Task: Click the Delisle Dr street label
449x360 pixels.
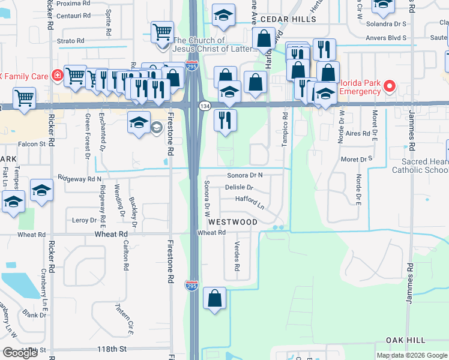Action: (239, 188)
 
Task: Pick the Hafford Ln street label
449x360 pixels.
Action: (250, 200)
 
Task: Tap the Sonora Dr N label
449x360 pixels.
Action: (245, 175)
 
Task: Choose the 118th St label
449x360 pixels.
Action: (115, 349)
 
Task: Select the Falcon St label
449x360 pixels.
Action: (32, 144)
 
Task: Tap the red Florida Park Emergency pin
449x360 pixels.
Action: (389, 86)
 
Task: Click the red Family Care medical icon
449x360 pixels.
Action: (56, 76)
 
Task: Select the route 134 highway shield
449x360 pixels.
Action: (205, 106)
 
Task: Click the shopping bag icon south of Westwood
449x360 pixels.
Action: (214, 299)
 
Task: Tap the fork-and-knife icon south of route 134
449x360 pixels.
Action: (225, 119)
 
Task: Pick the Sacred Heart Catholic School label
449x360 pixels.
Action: (420, 166)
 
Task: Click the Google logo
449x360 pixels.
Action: (20, 353)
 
